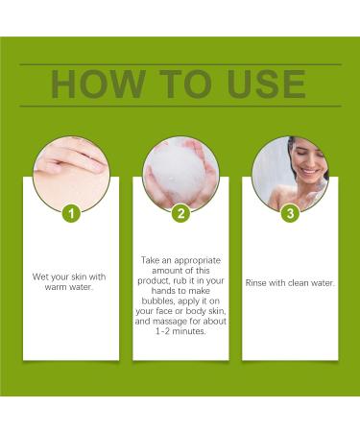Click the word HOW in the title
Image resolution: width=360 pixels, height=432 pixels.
pyautogui.click(x=98, y=84)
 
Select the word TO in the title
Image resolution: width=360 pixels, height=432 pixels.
pyautogui.click(x=185, y=84)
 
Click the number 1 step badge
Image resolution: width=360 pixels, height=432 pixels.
pyautogui.click(x=71, y=213)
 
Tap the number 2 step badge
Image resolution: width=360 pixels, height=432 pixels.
pyautogui.click(x=180, y=213)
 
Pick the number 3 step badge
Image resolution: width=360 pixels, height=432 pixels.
pyautogui.click(x=290, y=213)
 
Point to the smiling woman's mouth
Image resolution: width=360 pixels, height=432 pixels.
pyautogui.click(x=309, y=171)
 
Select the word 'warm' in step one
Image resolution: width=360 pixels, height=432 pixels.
pyautogui.click(x=55, y=287)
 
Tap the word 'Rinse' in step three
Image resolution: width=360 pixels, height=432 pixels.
pyautogui.click(x=255, y=283)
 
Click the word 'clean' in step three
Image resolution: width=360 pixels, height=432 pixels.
pyautogui.click(x=299, y=283)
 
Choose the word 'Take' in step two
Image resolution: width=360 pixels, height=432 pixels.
pyautogui.click(x=150, y=260)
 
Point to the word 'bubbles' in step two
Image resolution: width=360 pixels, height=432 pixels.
pyautogui.click(x=158, y=300)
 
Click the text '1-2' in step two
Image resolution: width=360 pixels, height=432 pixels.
pyautogui.click(x=162, y=331)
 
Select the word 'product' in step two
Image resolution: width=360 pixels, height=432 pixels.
pyautogui.click(x=153, y=281)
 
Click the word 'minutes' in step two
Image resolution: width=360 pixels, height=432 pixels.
pyautogui.click(x=189, y=331)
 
